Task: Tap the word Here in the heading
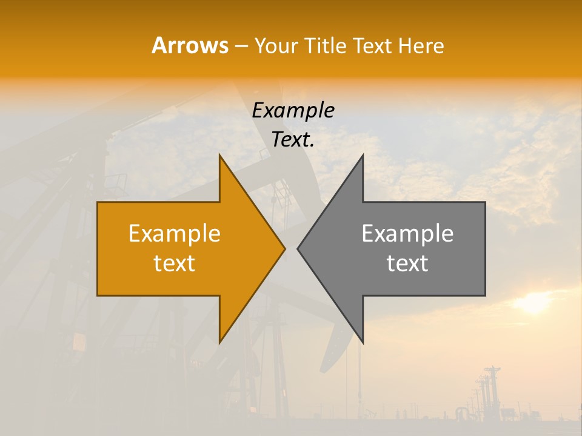[x=421, y=46]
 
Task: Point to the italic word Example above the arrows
[x=293, y=111]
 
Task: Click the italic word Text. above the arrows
[x=293, y=140]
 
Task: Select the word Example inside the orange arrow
[x=175, y=233]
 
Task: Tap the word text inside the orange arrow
[x=175, y=263]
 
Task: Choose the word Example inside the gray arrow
[x=407, y=233]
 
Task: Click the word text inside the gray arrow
[x=407, y=263]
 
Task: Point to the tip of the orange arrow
[x=284, y=248]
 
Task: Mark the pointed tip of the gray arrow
[x=298, y=248]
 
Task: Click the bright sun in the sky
[x=533, y=302]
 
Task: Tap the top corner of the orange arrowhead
[x=220, y=156]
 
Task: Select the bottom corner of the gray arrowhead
[x=363, y=342]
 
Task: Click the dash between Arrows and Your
[x=241, y=46]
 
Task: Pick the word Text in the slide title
[x=373, y=46]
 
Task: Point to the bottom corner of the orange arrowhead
[x=220, y=342]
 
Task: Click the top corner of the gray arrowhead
[x=363, y=156]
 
